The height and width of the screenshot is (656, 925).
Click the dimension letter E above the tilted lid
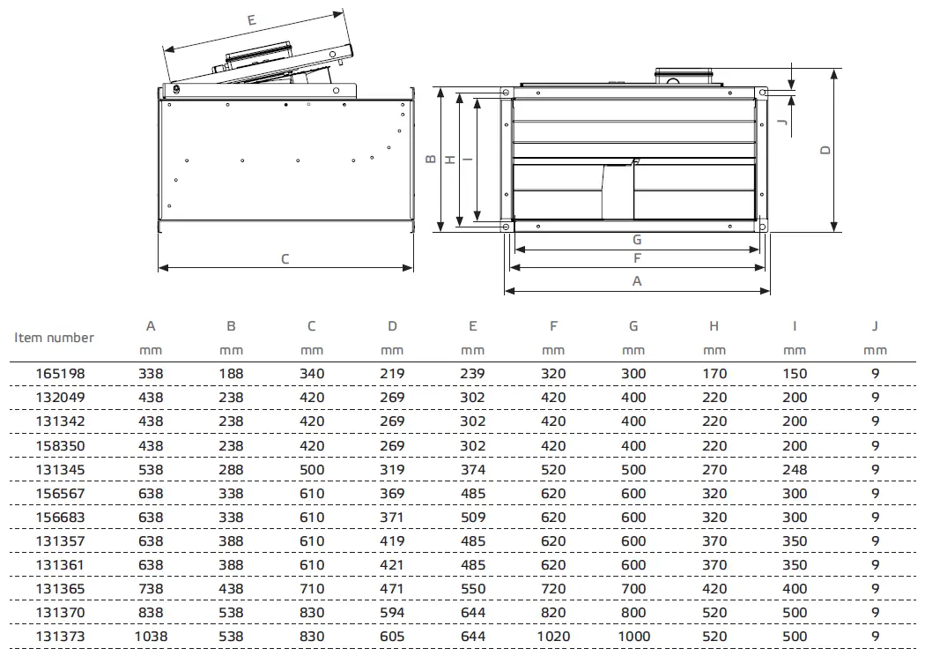[252, 19]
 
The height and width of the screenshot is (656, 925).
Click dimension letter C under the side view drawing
[285, 259]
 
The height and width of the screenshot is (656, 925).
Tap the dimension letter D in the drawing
[825, 150]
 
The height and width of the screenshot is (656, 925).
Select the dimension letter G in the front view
[636, 239]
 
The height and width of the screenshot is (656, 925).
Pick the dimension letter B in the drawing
[430, 160]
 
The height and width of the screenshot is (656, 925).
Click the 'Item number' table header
[54, 337]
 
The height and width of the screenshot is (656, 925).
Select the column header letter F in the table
[553, 326]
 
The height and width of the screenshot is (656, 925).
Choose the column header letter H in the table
[714, 326]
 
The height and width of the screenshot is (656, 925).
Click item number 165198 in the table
[61, 374]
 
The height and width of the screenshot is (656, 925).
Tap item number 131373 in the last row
[61, 636]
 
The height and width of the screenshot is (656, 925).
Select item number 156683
[61, 517]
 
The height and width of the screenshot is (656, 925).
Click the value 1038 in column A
[151, 636]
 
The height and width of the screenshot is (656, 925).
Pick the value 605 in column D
[392, 636]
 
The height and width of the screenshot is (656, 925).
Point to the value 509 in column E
[472, 517]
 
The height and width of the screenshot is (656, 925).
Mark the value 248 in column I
[795, 469]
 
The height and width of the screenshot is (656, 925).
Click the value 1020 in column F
[553, 636]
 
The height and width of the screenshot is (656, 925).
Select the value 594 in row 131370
[392, 612]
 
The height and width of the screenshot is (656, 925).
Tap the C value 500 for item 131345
[312, 469]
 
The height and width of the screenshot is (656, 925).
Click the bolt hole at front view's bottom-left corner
[506, 227]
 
